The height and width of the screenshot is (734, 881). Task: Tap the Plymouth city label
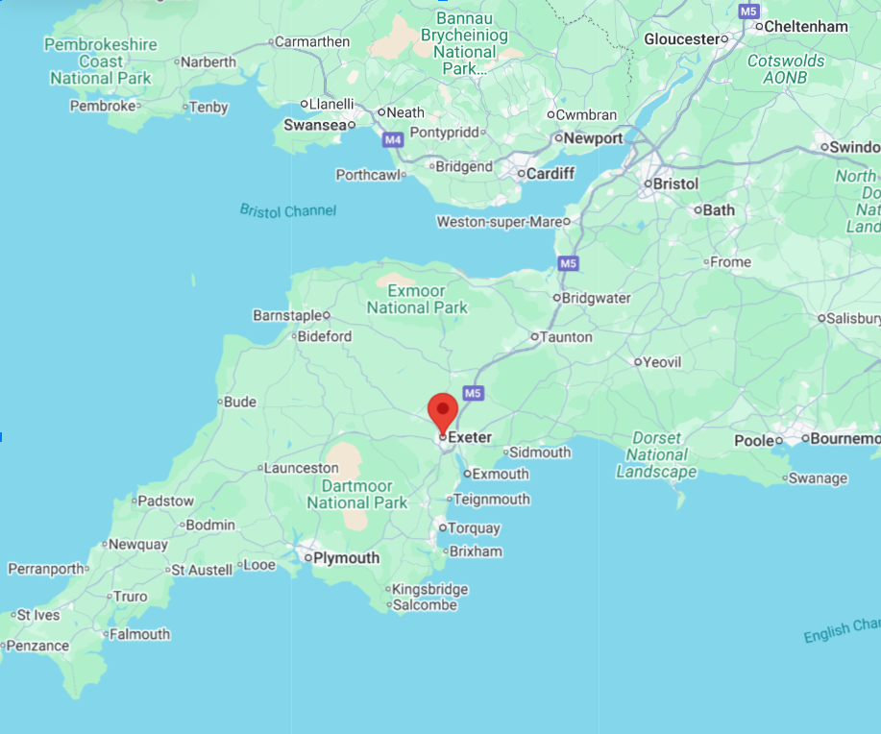pos(347,558)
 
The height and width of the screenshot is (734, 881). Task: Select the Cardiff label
pos(551,174)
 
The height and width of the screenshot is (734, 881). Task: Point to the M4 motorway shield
pos(392,140)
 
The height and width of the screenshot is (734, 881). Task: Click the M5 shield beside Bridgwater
pos(569,263)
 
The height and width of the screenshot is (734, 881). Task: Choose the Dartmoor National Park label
pos(357,494)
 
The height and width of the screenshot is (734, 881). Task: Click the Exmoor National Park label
pos(417,299)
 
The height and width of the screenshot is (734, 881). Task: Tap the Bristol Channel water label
pos(288,210)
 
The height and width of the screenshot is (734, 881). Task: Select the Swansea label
pos(314,125)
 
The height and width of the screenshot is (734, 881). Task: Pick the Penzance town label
pos(37,647)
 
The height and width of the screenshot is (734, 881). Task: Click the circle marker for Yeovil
pos(637,362)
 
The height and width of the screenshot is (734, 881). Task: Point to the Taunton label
pos(567,337)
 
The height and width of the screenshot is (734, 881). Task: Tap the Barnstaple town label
pos(286,315)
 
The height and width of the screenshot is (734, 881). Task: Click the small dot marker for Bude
pos(221,403)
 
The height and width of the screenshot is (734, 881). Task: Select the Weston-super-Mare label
pos(499,222)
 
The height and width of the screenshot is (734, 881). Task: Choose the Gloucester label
pos(681,39)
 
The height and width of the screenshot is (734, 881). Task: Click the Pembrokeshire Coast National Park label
pos(101,61)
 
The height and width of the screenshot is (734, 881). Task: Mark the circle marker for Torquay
pos(442,527)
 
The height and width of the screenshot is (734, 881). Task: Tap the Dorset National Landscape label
pos(656,454)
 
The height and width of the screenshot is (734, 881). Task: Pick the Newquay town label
pos(138,545)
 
